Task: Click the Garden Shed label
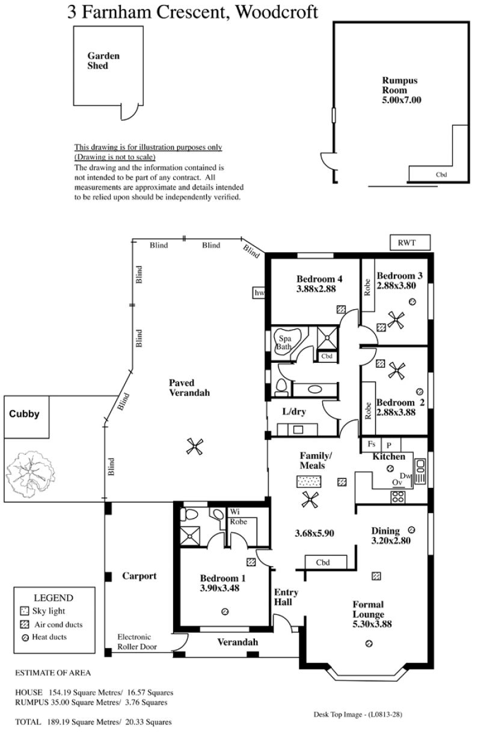103,60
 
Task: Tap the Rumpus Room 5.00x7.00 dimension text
402,100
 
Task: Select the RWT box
410,242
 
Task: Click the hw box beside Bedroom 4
259,293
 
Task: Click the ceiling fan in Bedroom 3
396,319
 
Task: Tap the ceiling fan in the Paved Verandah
194,446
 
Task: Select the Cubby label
24,413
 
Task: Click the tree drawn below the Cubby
31,473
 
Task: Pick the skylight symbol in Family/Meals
308,481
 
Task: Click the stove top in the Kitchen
397,497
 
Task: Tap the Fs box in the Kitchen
371,445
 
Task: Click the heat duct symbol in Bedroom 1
225,611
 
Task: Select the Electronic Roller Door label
136,641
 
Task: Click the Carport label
139,576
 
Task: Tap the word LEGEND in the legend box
54,597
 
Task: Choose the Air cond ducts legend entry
51,624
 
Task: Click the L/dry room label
294,412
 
